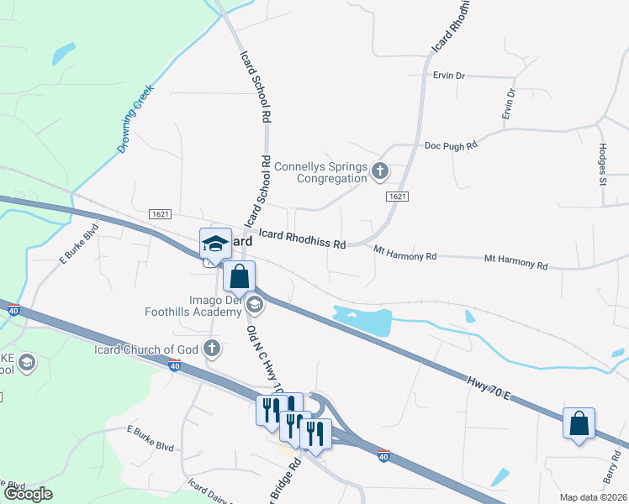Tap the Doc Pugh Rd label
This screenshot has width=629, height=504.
450,144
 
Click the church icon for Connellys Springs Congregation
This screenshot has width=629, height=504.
380,171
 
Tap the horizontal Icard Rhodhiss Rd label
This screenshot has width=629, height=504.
302,240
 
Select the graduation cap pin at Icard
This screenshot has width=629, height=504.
214,243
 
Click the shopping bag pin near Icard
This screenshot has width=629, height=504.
240,276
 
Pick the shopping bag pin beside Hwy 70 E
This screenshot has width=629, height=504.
579,423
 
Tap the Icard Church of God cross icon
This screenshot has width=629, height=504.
214,348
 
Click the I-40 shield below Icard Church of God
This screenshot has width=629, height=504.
174,365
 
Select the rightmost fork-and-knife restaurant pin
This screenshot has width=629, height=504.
314,433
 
